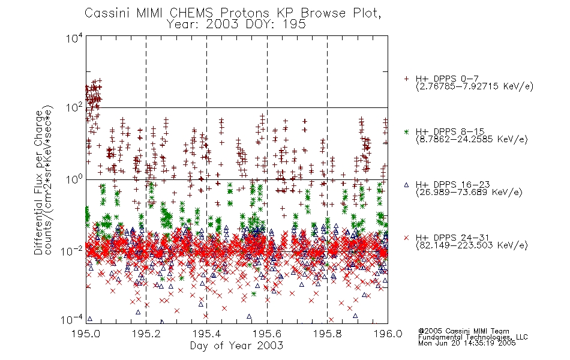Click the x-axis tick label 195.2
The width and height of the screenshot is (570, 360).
146,334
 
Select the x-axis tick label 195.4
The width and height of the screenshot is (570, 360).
206,334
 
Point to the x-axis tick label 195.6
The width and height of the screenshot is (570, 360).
267,334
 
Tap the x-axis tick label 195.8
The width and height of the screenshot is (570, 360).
328,334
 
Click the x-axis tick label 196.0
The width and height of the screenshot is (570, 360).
388,334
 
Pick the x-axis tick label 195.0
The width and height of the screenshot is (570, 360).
86,334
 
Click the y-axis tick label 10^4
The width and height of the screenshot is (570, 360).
74,38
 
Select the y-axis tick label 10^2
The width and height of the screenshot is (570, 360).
74,108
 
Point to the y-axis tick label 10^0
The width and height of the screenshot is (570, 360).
74,179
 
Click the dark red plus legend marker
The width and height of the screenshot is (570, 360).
406,79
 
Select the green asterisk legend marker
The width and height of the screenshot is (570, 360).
406,131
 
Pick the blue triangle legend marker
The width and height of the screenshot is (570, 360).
406,185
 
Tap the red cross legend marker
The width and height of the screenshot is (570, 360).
406,238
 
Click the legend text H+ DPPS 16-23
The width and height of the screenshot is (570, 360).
452,184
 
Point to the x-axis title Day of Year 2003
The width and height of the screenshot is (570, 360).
236,346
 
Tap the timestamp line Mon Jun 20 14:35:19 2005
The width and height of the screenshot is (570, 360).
467,343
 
